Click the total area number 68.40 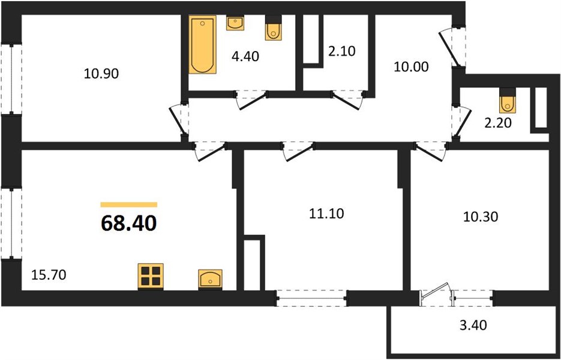click(129, 223)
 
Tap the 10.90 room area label click(101, 74)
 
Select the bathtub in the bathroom click(203, 44)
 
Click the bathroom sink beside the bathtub click(235, 23)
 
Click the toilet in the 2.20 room click(508, 100)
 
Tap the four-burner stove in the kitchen click(151, 276)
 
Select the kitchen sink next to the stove click(211, 279)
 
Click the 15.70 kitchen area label click(49, 275)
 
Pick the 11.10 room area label click(326, 214)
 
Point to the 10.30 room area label click(481, 217)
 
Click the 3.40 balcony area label click(473, 326)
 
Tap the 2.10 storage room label click(341, 51)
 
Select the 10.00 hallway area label click(411, 67)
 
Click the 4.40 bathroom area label click(245, 56)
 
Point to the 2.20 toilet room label click(497, 123)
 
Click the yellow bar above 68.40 click(129, 205)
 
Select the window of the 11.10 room click(311, 298)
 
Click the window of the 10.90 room click(11, 79)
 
